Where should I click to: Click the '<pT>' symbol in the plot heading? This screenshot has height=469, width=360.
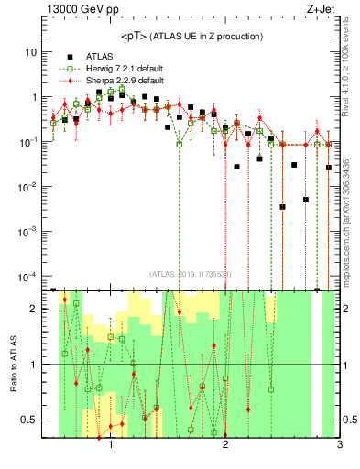[x=135, y=36]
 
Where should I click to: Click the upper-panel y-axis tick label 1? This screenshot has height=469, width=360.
[x=36, y=97]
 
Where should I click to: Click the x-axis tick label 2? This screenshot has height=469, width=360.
[x=225, y=446]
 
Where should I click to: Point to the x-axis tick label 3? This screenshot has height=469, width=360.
[x=339, y=446]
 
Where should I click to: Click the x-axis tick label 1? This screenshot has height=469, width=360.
[x=111, y=446]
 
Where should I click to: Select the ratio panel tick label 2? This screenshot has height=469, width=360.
[x=36, y=309]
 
